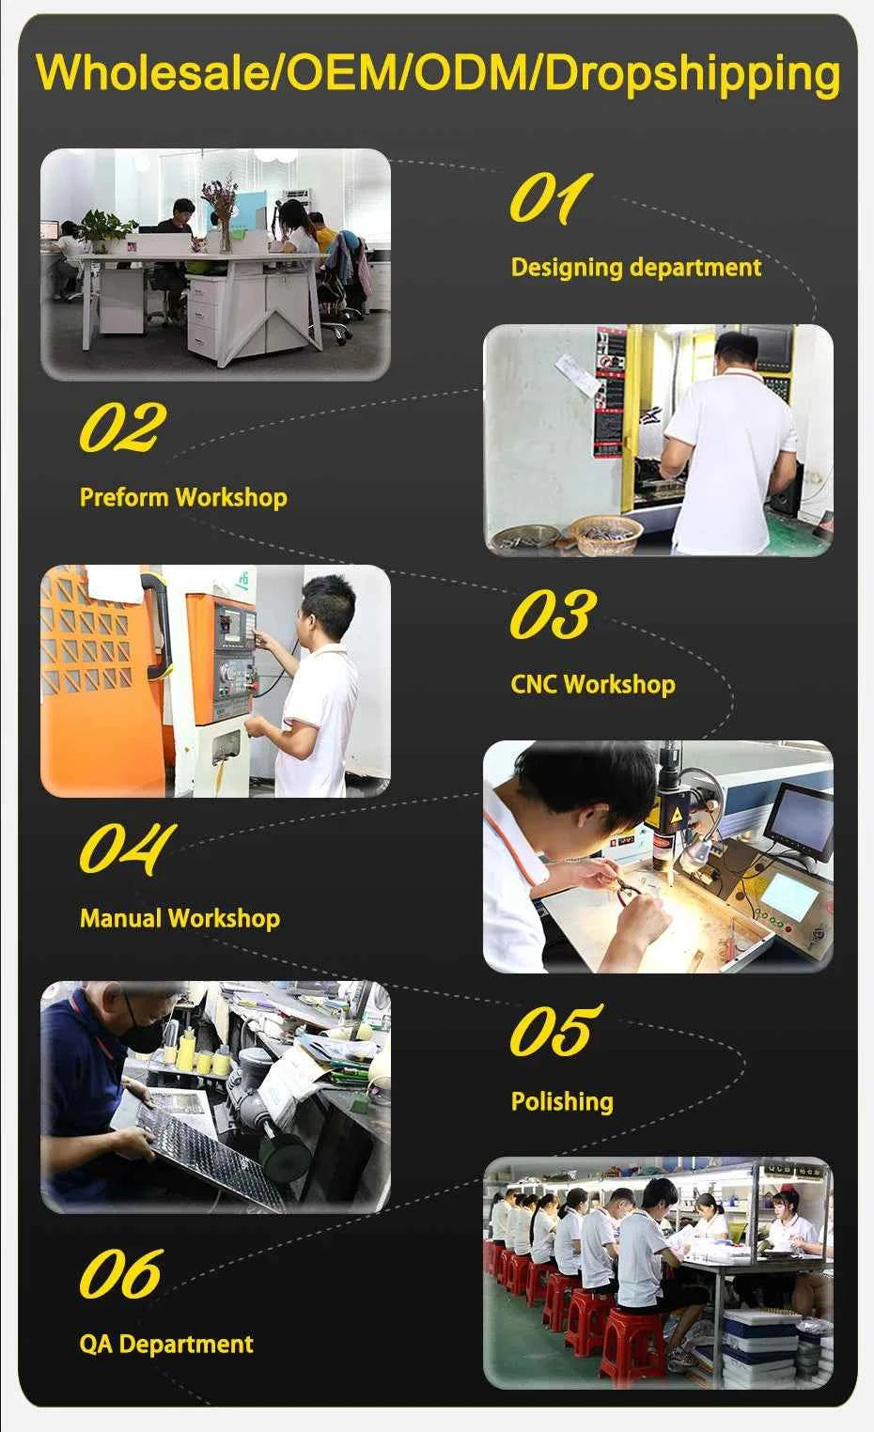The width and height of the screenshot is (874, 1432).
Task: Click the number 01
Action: (551, 198)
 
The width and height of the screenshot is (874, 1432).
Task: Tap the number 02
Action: (123, 427)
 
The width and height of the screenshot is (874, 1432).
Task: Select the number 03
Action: (554, 615)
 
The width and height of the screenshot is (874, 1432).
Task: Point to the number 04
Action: (127, 848)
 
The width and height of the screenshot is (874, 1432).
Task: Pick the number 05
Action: (556, 1031)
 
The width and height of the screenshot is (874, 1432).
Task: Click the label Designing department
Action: (636, 267)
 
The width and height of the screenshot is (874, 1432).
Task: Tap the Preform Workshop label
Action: (183, 497)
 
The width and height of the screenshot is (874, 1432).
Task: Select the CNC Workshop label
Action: (593, 684)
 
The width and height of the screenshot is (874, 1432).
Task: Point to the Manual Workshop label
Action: (180, 918)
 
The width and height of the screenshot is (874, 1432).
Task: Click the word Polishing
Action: (562, 1101)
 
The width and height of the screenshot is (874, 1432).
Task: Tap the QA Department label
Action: (166, 1344)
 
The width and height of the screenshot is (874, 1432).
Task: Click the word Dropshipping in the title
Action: (693, 74)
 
